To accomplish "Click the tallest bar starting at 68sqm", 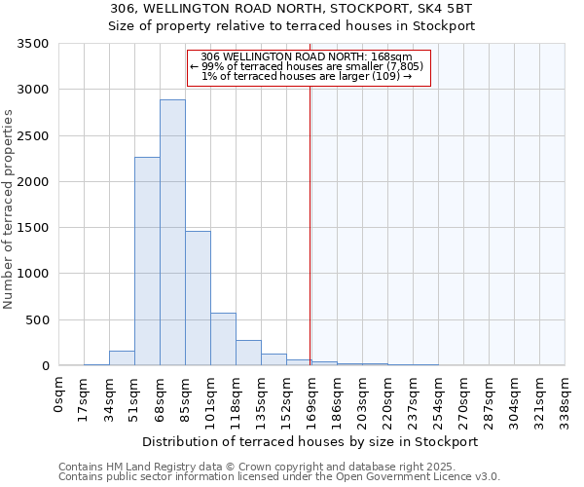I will click(172, 234).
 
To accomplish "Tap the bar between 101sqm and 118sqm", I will click(223, 339).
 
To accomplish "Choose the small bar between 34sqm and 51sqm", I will click(122, 358).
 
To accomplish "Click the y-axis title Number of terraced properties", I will click(10, 209).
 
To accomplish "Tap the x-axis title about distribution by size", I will click(310, 441).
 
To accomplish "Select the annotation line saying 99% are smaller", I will click(307, 66).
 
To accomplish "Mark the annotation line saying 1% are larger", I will click(307, 76).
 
